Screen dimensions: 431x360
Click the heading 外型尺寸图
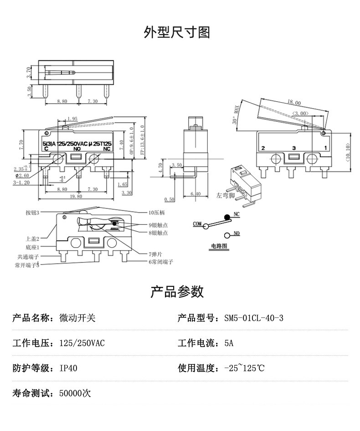(177, 33)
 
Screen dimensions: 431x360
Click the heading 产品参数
(177, 292)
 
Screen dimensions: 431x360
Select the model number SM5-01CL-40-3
(253, 318)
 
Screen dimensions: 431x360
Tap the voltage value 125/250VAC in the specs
(82, 343)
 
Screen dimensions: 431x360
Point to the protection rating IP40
(68, 368)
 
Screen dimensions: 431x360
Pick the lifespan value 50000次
(75, 393)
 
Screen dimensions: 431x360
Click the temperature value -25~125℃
(244, 368)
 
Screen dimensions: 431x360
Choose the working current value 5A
(229, 343)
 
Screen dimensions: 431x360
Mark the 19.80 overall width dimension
(77, 196)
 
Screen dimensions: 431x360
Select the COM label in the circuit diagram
(197, 223)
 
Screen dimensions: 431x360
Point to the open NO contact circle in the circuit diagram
(226, 235)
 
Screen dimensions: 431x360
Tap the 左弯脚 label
(225, 196)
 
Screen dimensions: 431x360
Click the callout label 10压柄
(156, 213)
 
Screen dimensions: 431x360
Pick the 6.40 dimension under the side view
(195, 194)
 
